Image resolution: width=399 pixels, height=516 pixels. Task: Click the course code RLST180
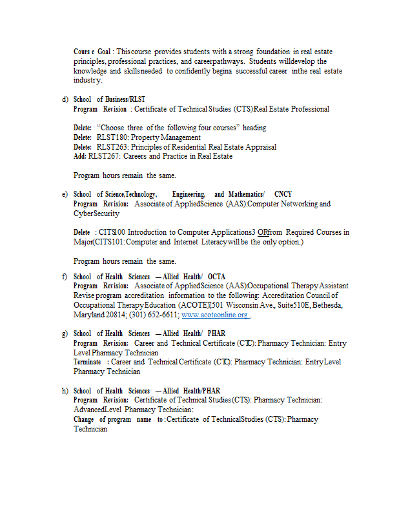point(110,137)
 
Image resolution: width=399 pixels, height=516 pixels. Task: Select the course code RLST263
point(110,147)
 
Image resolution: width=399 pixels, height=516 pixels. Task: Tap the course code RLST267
point(103,156)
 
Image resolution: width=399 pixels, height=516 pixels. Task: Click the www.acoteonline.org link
point(215,315)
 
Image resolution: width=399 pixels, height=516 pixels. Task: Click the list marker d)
point(65,99)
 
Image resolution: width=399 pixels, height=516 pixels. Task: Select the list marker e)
point(65,194)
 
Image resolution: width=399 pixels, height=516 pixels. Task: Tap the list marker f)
point(65,277)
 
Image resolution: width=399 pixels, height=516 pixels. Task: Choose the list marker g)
point(65,333)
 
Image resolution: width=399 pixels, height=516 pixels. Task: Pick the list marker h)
point(65,391)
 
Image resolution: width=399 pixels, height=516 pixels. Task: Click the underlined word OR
point(263,232)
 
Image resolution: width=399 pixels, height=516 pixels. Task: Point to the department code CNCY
point(283,194)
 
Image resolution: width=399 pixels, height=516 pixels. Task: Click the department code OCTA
point(216,277)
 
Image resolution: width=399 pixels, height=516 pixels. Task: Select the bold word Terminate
point(87,362)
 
